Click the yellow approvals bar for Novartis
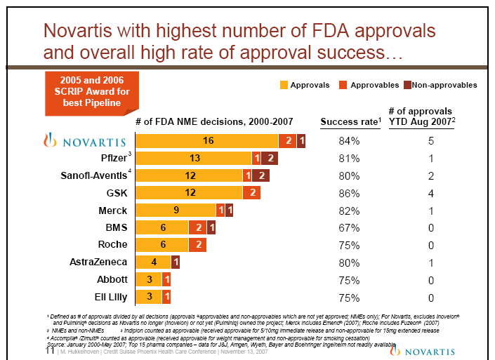pyautogui.click(x=206, y=141)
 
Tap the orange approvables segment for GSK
pyautogui.click(x=251, y=193)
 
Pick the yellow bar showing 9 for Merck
pyautogui.click(x=175, y=210)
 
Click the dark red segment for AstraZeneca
pyautogui.click(x=176, y=262)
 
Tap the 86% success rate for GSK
pyautogui.click(x=349, y=193)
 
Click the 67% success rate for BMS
pyautogui.click(x=349, y=227)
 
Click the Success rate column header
pyautogui.click(x=350, y=122)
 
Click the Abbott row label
pyautogui.click(x=112, y=279)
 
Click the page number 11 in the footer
pyautogui.click(x=49, y=351)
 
